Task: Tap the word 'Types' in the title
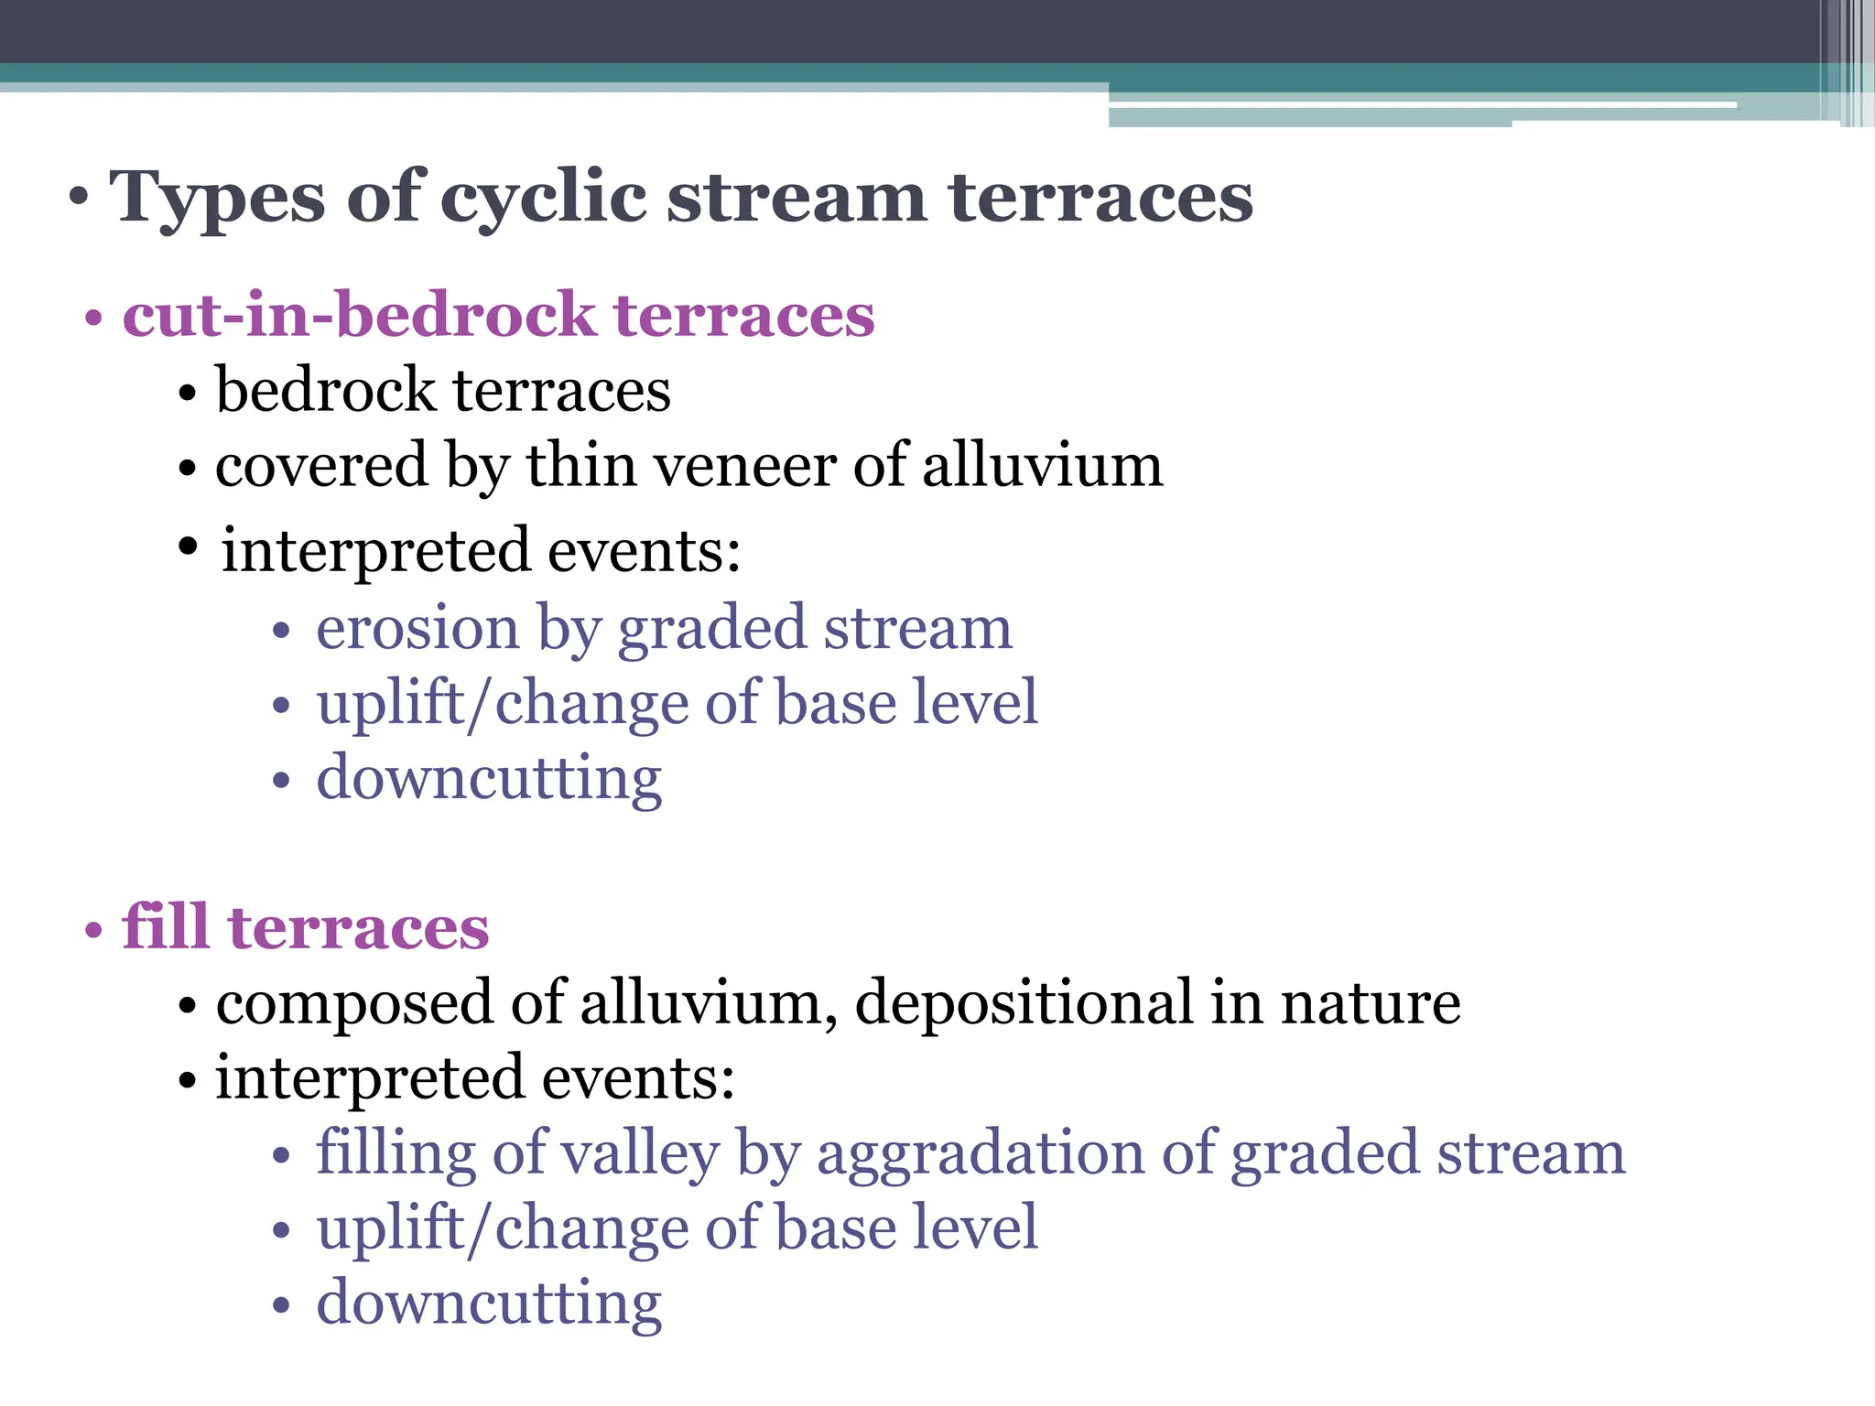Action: (x=217, y=199)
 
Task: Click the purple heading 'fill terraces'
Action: (x=305, y=928)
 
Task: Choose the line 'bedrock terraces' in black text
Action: (x=443, y=391)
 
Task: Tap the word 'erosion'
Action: (x=417, y=629)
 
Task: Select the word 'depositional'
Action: (x=1024, y=1003)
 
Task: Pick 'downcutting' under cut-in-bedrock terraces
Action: (x=489, y=779)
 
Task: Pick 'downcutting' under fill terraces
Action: (x=489, y=1303)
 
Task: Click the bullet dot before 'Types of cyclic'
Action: (x=80, y=199)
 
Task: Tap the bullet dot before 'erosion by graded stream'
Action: (x=281, y=632)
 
